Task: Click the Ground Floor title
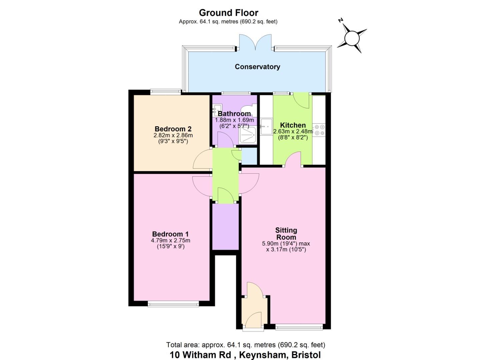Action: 228,13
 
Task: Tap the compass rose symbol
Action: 352,38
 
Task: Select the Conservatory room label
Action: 257,67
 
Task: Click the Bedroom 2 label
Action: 173,129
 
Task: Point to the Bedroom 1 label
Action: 170,234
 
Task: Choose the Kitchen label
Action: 293,125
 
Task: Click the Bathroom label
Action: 234,114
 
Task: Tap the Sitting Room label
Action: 286,234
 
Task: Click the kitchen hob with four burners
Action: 319,130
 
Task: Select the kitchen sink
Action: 267,127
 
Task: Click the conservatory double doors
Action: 255,42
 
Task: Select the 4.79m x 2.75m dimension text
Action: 171,240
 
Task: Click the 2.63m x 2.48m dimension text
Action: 293,132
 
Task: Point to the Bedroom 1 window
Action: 173,305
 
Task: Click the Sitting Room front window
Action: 299,327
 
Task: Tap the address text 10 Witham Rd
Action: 200,355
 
